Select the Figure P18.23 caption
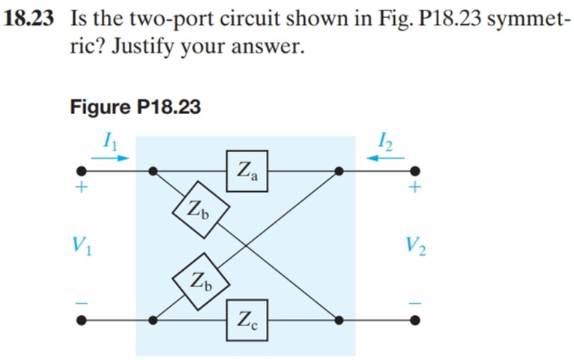pos(135,107)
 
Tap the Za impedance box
pos(247,170)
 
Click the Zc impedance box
pos(247,321)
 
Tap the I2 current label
pos(385,139)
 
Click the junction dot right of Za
pos(339,171)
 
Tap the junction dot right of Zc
pos(339,321)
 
